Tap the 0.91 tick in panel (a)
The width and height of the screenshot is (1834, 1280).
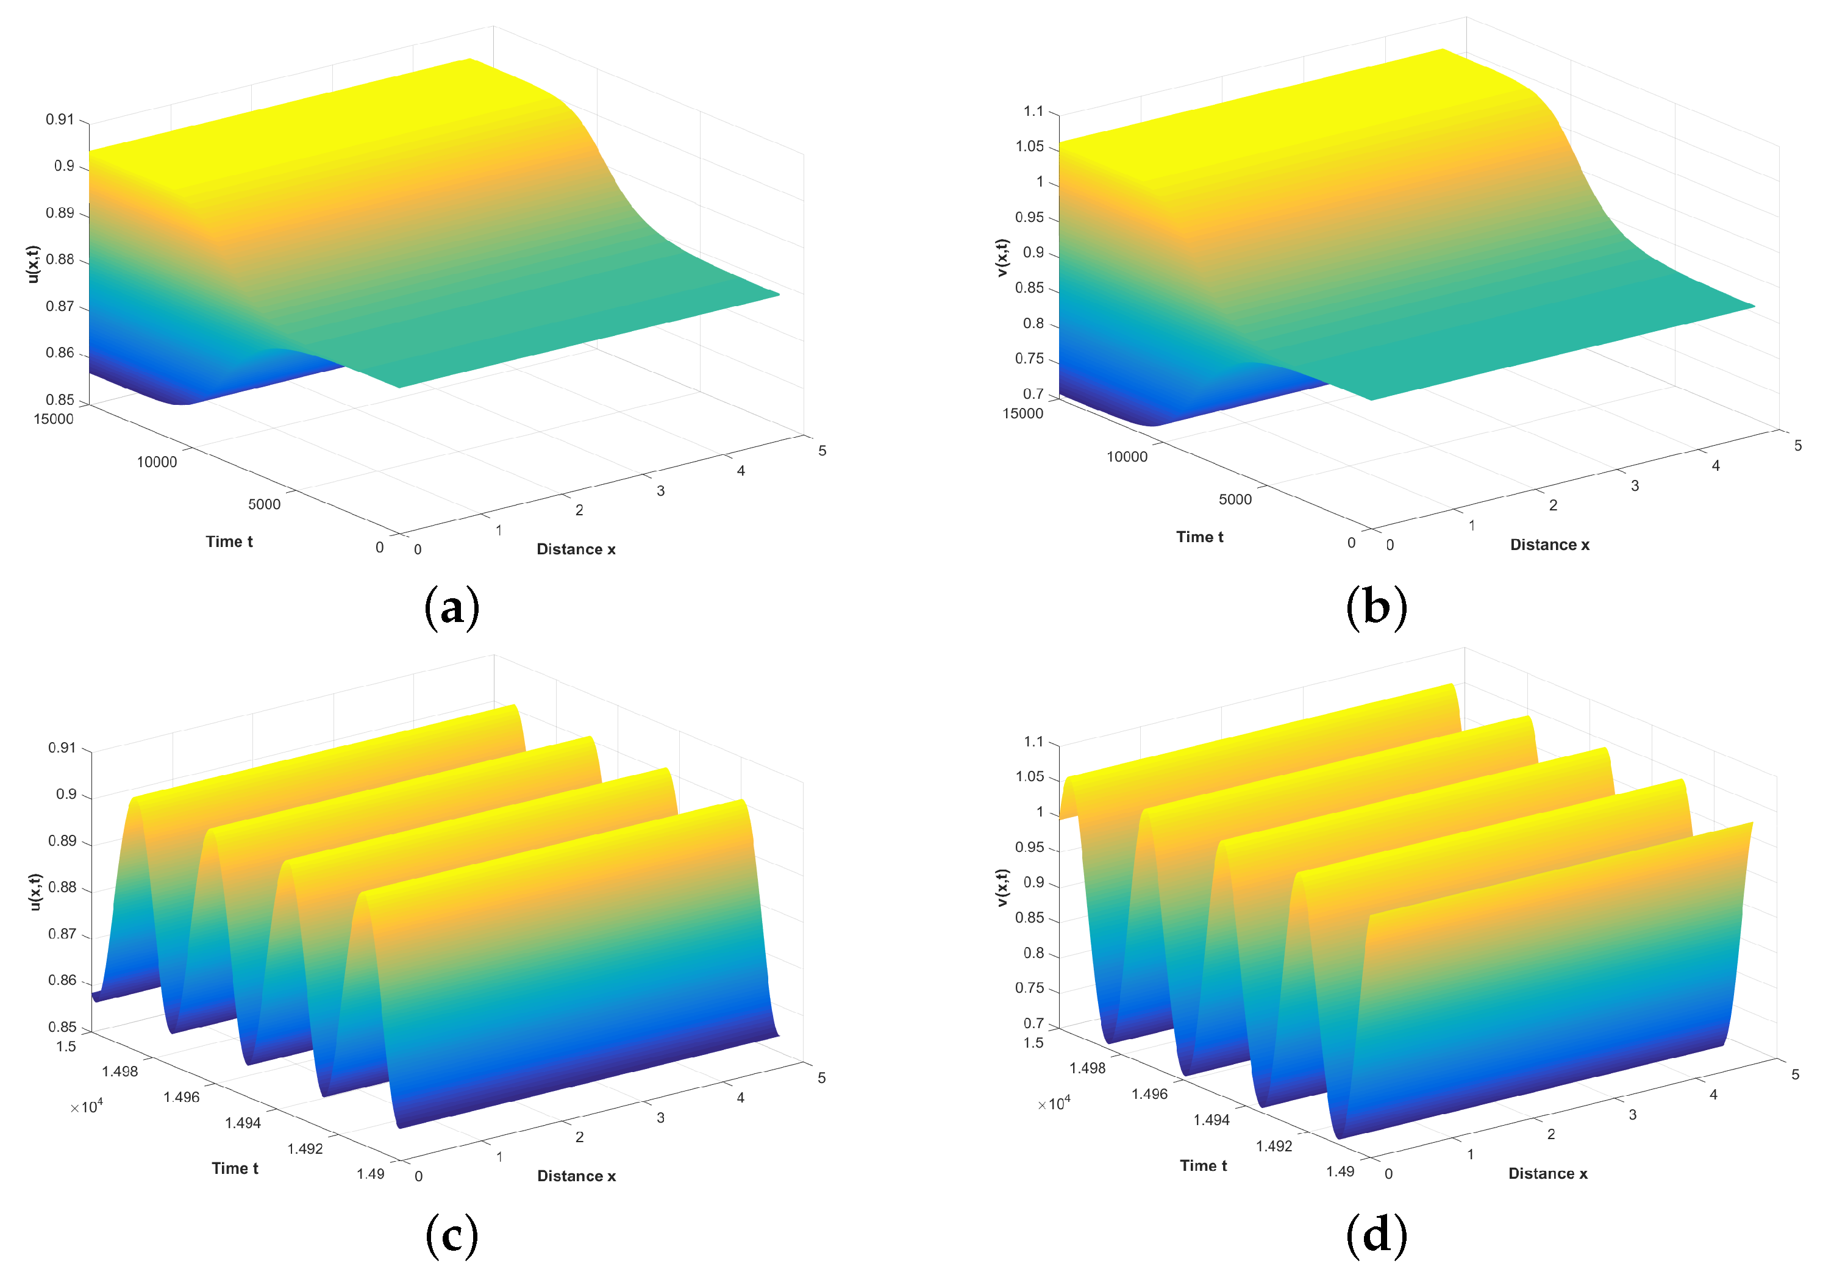[x=60, y=120]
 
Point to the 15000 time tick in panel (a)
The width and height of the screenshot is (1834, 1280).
[x=54, y=419]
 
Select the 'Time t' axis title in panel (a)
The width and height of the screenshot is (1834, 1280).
[x=229, y=542]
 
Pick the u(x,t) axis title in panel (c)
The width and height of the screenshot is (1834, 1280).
[x=34, y=892]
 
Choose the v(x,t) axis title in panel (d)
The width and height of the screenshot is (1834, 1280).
[x=1002, y=887]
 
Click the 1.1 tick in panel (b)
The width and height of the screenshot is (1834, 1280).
[x=1033, y=111]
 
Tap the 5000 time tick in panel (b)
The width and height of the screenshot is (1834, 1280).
[x=1235, y=499]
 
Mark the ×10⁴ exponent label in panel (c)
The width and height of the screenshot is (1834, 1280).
[x=86, y=1107]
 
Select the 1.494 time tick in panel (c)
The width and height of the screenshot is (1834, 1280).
[x=243, y=1123]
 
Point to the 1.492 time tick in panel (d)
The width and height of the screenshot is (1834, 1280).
[x=1274, y=1146]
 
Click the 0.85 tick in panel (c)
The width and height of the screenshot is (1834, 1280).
[x=62, y=1027]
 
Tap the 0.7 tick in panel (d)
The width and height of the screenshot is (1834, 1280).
[x=1033, y=1023]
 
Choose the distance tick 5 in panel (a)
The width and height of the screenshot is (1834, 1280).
[x=822, y=451]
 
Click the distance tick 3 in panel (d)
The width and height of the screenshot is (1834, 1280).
[x=1632, y=1115]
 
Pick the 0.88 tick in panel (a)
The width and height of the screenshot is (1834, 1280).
[x=60, y=260]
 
